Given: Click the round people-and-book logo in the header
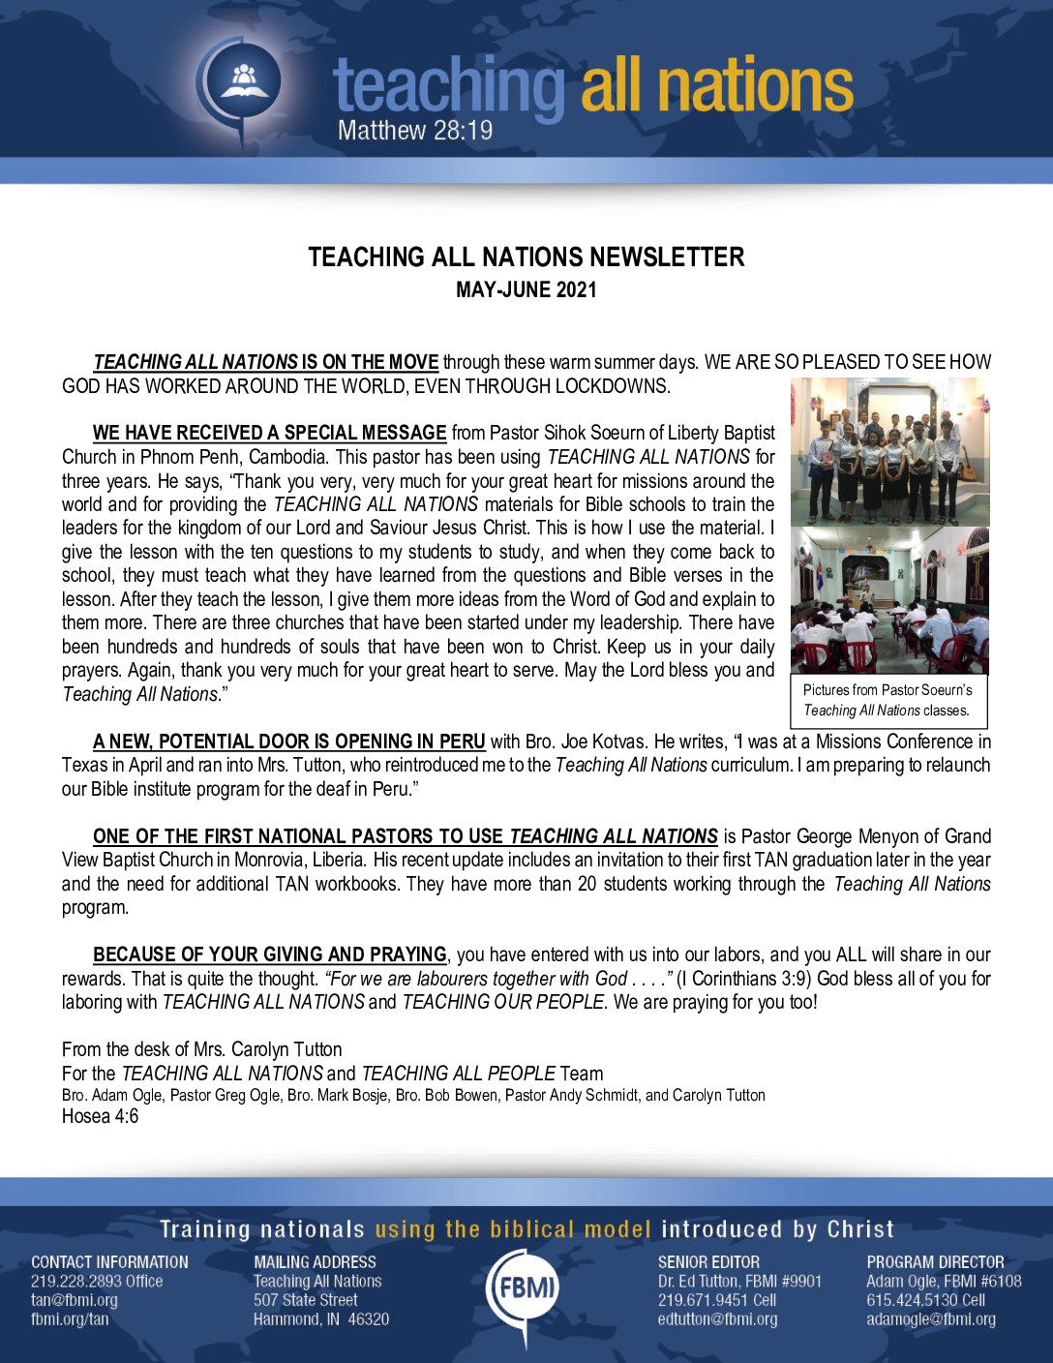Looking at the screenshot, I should click(x=243, y=79).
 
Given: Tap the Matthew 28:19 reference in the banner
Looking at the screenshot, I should click(x=415, y=129).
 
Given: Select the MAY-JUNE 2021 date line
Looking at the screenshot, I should click(x=526, y=289).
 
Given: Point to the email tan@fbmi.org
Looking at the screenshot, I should click(x=75, y=1300).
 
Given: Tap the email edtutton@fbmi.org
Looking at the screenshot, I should click(x=717, y=1318).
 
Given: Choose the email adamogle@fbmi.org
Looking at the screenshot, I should click(x=930, y=1318).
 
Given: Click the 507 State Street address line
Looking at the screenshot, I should click(x=305, y=1300).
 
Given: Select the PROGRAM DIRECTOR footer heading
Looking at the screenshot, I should click(x=935, y=1261).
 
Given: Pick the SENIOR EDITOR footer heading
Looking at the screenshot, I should click(x=708, y=1261).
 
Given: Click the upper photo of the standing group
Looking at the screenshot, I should click(x=889, y=451).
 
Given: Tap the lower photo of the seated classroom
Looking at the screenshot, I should click(x=889, y=600).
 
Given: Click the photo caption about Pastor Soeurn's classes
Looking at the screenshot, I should click(x=888, y=700).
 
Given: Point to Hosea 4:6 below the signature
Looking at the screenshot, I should click(x=100, y=1116).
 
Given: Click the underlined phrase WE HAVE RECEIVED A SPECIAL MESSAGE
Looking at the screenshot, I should click(x=269, y=433).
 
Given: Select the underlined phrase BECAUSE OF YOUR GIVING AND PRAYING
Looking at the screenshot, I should click(x=269, y=954).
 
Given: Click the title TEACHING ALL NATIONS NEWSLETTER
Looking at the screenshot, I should click(x=526, y=257).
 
